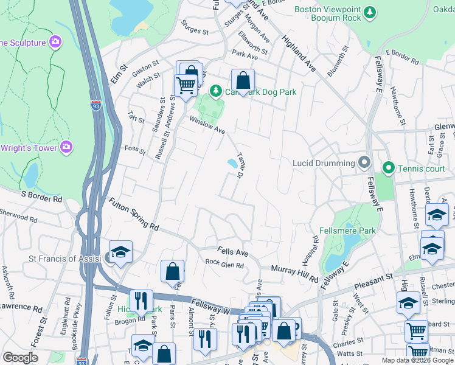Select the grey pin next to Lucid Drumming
point(364,162)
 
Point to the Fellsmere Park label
point(347,231)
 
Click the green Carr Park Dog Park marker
point(215,92)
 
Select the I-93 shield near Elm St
point(96,106)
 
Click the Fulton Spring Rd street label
point(133,214)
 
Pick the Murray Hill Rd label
point(294,273)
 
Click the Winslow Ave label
point(207,125)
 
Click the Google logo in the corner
point(20,358)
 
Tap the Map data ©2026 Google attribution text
point(417,360)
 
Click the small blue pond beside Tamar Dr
point(232,163)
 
